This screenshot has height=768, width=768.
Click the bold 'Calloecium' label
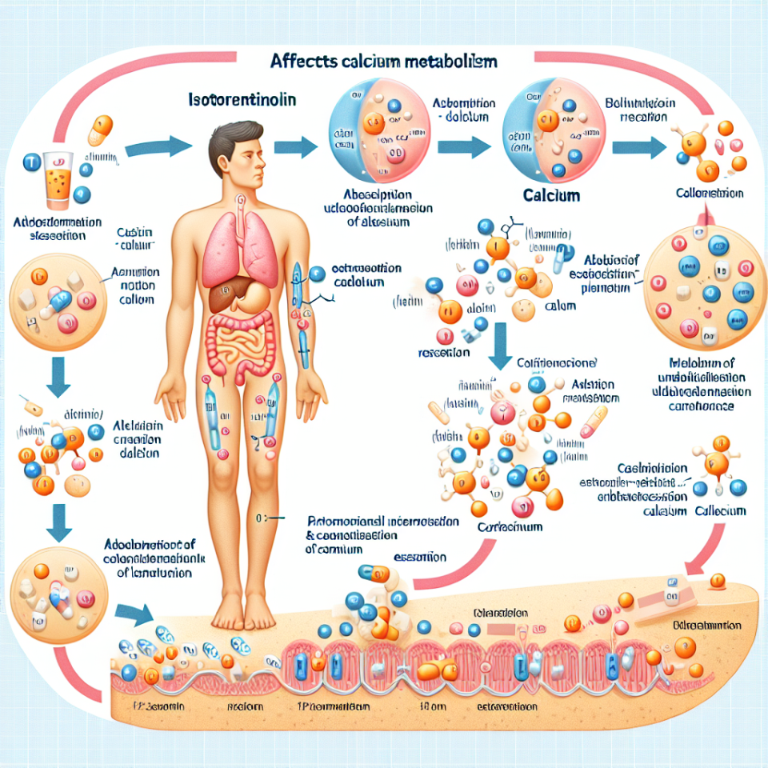pos(720,511)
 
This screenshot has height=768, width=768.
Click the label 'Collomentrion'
pos(709,194)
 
